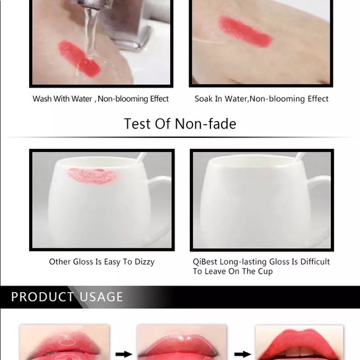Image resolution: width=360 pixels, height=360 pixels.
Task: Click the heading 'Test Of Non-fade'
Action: click(x=180, y=124)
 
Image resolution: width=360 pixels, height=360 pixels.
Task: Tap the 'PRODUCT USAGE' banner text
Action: click(x=67, y=297)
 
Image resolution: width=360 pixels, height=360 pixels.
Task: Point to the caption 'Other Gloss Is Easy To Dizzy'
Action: click(x=102, y=262)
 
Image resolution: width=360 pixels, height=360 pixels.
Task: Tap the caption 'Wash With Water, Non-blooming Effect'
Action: click(x=101, y=99)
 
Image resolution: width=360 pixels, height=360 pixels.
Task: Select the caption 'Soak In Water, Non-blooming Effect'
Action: click(x=261, y=99)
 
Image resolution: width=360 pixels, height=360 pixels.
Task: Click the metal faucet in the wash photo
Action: click(x=127, y=25)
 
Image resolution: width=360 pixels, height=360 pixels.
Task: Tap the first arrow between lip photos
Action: click(x=124, y=354)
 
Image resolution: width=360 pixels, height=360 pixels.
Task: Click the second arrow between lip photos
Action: click(x=244, y=354)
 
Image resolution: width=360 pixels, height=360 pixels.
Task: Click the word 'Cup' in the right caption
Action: click(x=263, y=272)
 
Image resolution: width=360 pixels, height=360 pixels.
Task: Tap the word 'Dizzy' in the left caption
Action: click(x=143, y=262)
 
